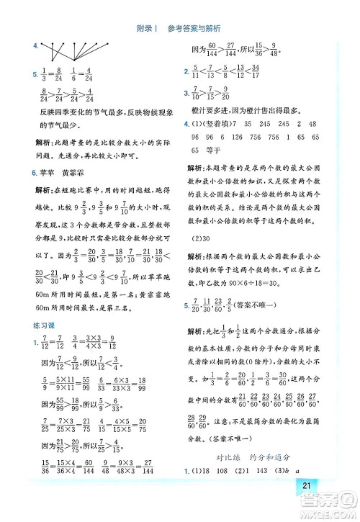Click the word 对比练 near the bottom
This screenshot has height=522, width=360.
(228, 456)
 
